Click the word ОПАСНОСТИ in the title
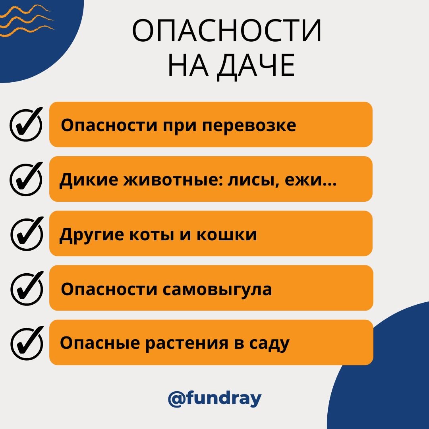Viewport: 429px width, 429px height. tap(227, 31)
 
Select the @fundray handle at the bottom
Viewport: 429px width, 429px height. tap(214, 398)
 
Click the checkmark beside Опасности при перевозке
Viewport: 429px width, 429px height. tap(26, 125)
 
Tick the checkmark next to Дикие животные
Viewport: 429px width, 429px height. tap(26, 180)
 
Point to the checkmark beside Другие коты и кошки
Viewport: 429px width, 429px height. tap(26, 234)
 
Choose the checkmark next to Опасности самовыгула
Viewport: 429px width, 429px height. tap(26, 289)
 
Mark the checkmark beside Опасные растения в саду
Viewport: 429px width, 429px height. tap(26, 343)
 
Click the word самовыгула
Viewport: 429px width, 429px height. tap(218, 290)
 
